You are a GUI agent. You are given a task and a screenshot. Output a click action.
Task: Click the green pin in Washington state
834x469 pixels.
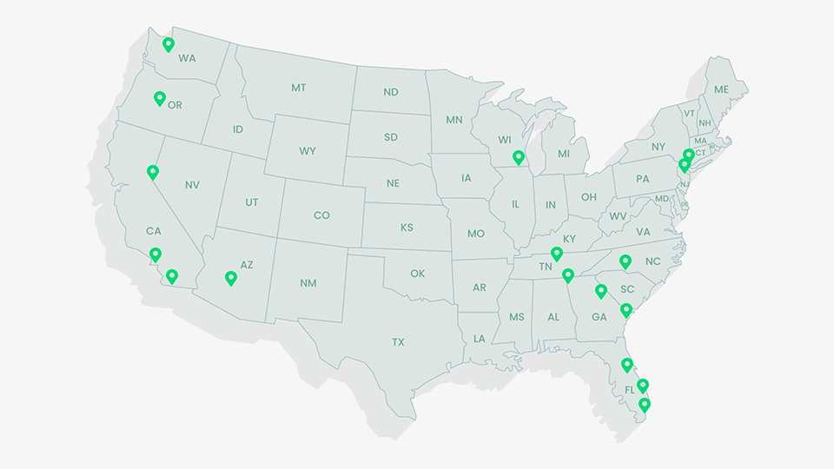pyautogui.click(x=169, y=44)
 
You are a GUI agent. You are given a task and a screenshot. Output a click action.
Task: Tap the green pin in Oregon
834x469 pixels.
pyautogui.click(x=159, y=98)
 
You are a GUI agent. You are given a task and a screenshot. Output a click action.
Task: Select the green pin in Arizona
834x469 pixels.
pyautogui.click(x=230, y=278)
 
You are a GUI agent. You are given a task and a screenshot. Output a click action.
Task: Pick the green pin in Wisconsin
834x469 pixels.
pyautogui.click(x=519, y=157)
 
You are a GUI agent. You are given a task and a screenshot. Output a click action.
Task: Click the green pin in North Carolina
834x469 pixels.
pyautogui.click(x=625, y=261)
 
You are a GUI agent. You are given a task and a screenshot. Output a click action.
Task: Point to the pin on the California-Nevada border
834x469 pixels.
pyautogui.click(x=153, y=172)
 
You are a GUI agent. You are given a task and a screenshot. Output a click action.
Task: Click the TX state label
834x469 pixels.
pyautogui.click(x=398, y=342)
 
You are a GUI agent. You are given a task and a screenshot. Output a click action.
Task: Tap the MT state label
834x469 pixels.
pyautogui.click(x=299, y=88)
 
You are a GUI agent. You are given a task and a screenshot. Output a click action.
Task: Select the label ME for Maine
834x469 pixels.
pyautogui.click(x=721, y=89)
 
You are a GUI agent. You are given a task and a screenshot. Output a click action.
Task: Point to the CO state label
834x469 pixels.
pyautogui.click(x=321, y=215)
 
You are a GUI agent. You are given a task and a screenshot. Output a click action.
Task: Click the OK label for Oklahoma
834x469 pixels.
pyautogui.click(x=418, y=274)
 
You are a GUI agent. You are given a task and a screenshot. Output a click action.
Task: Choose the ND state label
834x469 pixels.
pyautogui.click(x=391, y=92)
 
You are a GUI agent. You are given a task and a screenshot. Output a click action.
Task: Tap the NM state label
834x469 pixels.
pyautogui.click(x=308, y=283)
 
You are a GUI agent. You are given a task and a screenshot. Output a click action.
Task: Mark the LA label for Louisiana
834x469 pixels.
pyautogui.click(x=480, y=339)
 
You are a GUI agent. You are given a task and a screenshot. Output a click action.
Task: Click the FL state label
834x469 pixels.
pyautogui.click(x=630, y=390)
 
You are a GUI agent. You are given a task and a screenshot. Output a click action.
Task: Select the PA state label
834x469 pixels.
pyautogui.click(x=642, y=179)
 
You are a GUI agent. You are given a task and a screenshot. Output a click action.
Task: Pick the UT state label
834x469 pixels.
pyautogui.click(x=251, y=202)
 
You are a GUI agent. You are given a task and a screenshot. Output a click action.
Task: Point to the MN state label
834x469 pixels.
pyautogui.click(x=454, y=121)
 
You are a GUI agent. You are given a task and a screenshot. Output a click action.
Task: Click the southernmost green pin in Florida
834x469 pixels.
pyautogui.click(x=645, y=404)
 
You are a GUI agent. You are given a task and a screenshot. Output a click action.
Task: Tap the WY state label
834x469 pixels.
pyautogui.click(x=308, y=151)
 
